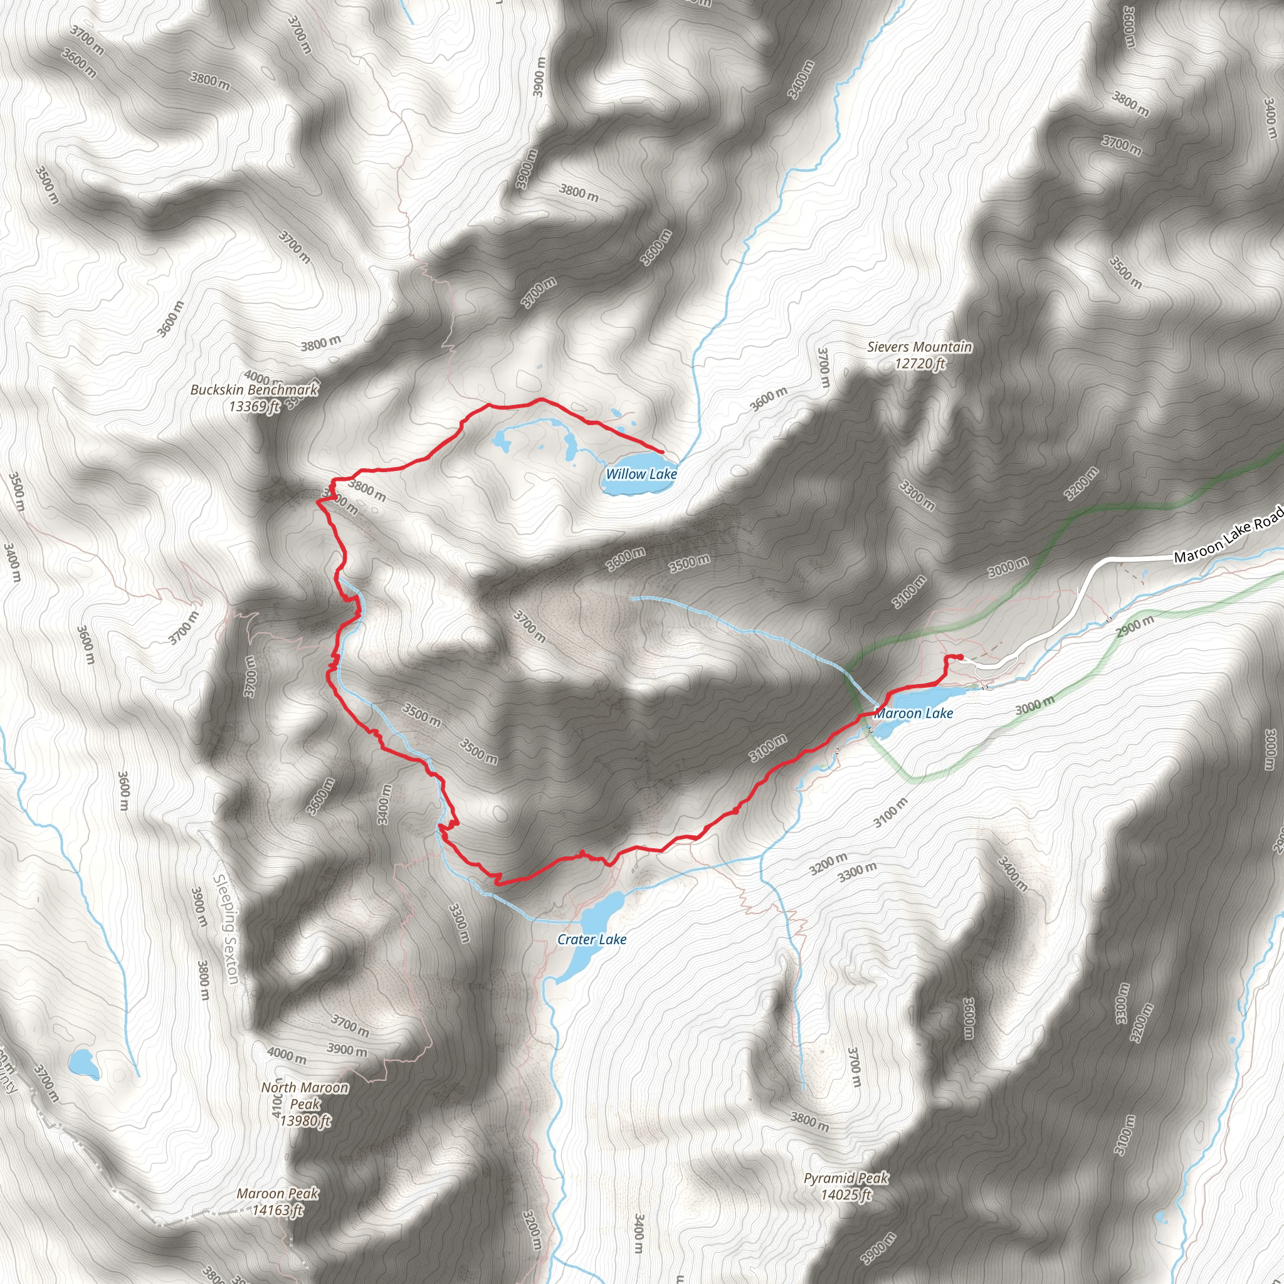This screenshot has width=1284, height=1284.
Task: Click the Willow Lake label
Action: pos(641,474)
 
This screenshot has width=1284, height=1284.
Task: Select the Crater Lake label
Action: pos(591,939)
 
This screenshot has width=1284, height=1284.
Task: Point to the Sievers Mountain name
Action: pos(919,347)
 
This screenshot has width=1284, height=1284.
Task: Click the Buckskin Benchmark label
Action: pos(254,390)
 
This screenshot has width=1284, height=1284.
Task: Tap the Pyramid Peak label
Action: pos(845,1177)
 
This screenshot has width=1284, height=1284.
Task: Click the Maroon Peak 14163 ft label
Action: pos(277,1194)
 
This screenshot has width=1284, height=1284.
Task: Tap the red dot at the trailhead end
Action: pos(960,657)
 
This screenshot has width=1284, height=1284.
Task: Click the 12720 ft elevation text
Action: pos(919,364)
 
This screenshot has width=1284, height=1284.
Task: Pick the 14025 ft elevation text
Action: pos(845,1194)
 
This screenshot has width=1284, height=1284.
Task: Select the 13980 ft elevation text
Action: pos(304,1120)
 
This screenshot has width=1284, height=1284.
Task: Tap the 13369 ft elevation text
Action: pos(254,406)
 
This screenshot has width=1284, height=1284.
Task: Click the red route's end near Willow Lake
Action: pos(662,452)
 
